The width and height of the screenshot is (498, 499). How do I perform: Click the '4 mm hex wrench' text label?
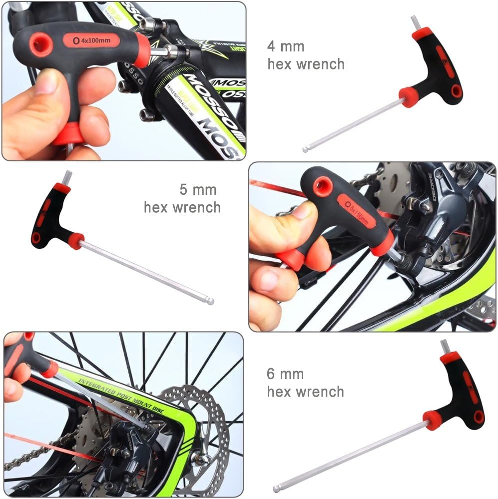click(x=306, y=55)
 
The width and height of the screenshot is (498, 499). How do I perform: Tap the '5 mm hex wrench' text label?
click(x=182, y=198)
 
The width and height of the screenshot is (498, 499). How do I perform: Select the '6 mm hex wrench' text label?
click(x=305, y=383)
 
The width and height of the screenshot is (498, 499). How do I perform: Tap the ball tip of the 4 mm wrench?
click(x=306, y=148)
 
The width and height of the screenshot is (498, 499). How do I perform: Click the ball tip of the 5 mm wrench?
click(x=211, y=301)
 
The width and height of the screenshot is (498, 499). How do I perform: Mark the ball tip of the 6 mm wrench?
click(x=276, y=488)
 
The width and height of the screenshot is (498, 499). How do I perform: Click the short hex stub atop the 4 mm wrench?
click(x=415, y=22)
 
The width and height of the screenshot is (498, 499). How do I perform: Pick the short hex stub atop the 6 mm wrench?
click(x=444, y=346)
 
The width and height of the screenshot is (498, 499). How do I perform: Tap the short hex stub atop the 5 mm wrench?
click(x=66, y=177)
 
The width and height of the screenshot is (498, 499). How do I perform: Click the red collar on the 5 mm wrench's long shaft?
click(x=76, y=240)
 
